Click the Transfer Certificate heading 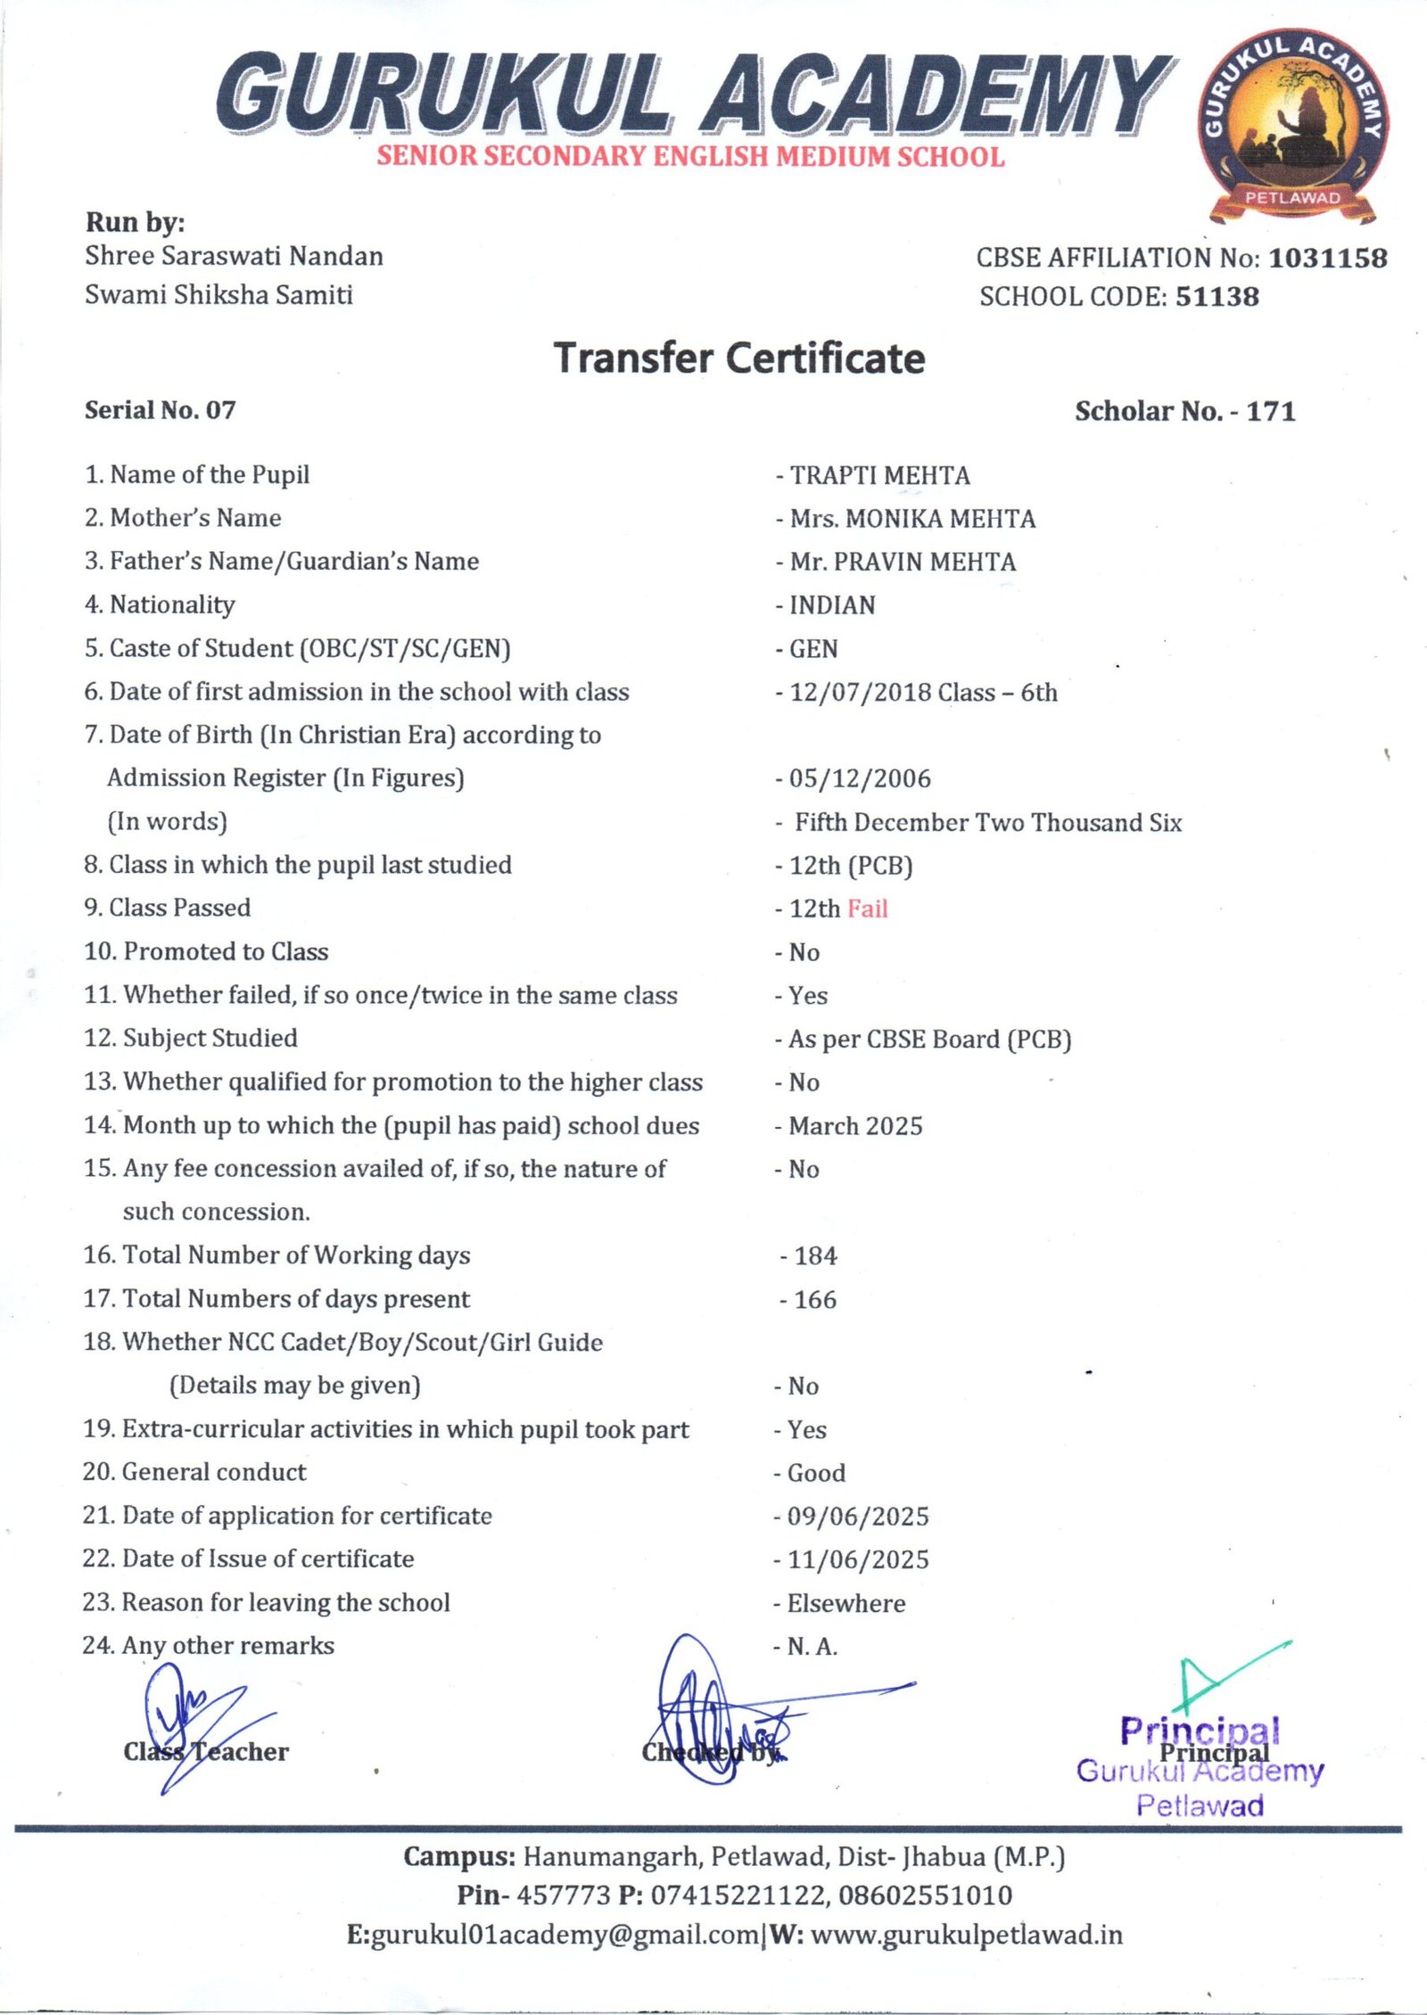pyautogui.click(x=739, y=358)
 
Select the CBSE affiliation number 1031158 pyautogui.click(x=1328, y=258)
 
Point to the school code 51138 pyautogui.click(x=1217, y=296)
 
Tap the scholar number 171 pyautogui.click(x=1271, y=411)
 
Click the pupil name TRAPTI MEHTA pyautogui.click(x=879, y=475)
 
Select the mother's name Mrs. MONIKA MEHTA pyautogui.click(x=912, y=519)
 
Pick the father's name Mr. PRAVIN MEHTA pyautogui.click(x=903, y=562)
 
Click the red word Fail pyautogui.click(x=868, y=909)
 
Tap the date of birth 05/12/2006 pyautogui.click(x=860, y=778)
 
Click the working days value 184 pyautogui.click(x=815, y=1255)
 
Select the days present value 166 pyautogui.click(x=815, y=1299)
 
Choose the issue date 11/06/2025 pyautogui.click(x=858, y=1559)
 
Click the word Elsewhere pyautogui.click(x=846, y=1603)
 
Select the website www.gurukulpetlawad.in pyautogui.click(x=967, y=1936)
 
